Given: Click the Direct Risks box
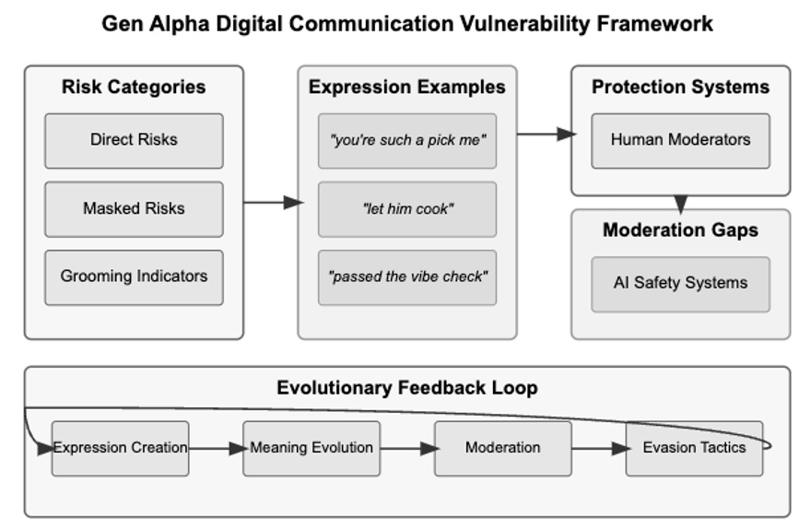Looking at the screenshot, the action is coord(134,141).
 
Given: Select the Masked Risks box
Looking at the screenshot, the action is coord(134,209).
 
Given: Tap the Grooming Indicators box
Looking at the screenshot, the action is coord(134,277).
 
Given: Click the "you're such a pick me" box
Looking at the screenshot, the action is coord(407,141).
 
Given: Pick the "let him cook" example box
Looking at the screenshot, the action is coord(407,209).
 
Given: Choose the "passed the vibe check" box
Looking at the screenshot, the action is coord(407,277).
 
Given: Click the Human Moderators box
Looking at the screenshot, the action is coord(681,141).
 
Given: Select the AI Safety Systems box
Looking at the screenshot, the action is coord(681,285).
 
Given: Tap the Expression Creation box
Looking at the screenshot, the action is coord(121,448).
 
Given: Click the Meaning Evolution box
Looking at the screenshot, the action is coord(311,448).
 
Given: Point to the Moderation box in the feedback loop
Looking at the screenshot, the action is coord(503,448).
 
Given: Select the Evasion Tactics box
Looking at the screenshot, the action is coord(694,448).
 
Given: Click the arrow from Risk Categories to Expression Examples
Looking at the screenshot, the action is coord(274,203).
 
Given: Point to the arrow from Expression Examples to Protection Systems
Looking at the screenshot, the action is coord(547,135).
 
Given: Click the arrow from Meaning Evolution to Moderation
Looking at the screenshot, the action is coord(409,449).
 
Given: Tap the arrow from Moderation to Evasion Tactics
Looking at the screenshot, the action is coord(601,449).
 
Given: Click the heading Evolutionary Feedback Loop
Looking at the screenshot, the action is coord(407,388).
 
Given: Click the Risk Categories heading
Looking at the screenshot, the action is coord(134,87).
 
